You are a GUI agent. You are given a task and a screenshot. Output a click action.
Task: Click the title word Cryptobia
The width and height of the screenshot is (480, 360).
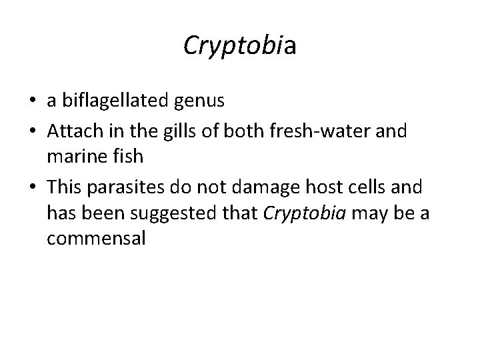239,45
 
